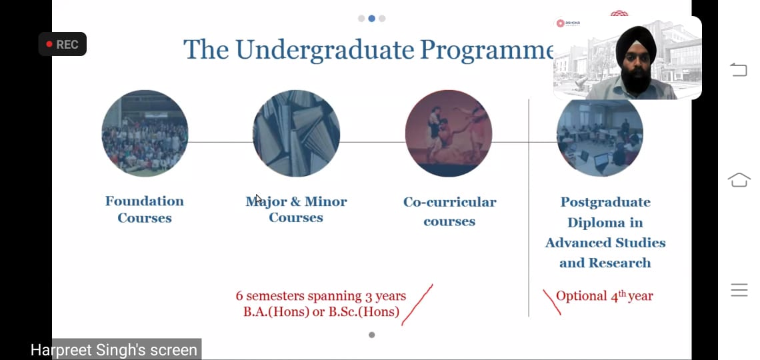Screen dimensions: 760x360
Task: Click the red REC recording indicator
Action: click(63, 45)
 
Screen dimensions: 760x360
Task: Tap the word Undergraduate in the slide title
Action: click(324, 50)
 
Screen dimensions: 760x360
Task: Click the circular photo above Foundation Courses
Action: click(145, 133)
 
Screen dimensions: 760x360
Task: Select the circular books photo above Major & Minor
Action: click(296, 133)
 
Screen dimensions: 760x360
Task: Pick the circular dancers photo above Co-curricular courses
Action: click(449, 133)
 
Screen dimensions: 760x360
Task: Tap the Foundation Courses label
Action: click(145, 209)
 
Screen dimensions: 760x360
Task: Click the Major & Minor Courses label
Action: click(296, 209)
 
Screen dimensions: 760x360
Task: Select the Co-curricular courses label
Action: click(450, 211)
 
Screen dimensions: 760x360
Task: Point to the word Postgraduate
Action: click(605, 201)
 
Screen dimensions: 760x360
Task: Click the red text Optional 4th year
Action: click(605, 296)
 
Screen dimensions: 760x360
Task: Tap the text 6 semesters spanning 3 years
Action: click(321, 295)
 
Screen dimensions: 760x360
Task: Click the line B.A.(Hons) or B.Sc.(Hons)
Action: click(321, 311)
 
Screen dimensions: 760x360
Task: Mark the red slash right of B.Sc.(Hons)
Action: click(417, 305)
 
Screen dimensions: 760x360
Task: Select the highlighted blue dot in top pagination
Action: click(372, 19)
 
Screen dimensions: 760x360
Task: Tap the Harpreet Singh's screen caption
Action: click(114, 350)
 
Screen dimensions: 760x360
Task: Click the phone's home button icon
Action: click(739, 179)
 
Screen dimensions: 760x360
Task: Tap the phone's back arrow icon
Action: click(739, 70)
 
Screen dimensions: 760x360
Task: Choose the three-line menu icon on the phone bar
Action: click(739, 290)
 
